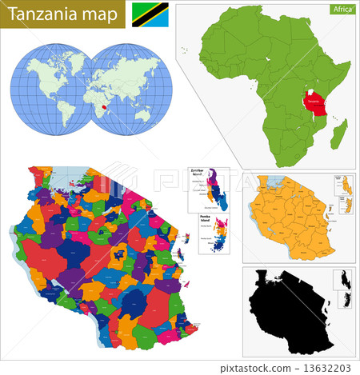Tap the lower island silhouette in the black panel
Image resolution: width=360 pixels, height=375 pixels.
coord(346,301)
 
